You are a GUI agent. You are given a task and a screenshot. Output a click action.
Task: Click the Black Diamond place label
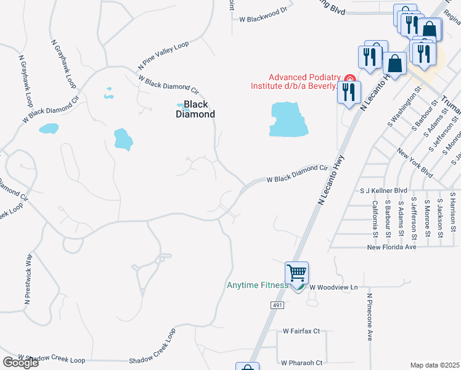[x=195, y=109]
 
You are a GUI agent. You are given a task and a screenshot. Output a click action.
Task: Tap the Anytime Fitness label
[x=258, y=285]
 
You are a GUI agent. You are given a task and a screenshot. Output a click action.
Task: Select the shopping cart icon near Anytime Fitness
[x=296, y=273]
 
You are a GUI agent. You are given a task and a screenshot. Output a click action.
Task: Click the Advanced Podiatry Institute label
[x=294, y=81]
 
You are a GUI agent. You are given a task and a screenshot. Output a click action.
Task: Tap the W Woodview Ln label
[x=333, y=287]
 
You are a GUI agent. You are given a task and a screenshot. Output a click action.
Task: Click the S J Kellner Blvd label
[x=384, y=191]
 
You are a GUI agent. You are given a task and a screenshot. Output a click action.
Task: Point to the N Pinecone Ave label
[x=370, y=317]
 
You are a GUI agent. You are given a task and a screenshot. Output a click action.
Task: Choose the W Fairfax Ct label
[x=301, y=331]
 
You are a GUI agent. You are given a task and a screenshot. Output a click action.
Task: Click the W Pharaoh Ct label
[x=301, y=363]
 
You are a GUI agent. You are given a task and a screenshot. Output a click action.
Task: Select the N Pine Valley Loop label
[x=163, y=55]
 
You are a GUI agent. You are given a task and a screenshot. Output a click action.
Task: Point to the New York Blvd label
[x=415, y=163]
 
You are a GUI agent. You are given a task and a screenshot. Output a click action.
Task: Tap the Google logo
[x=20, y=363]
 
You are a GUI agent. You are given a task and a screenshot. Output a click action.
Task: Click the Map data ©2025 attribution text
[x=434, y=365]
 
